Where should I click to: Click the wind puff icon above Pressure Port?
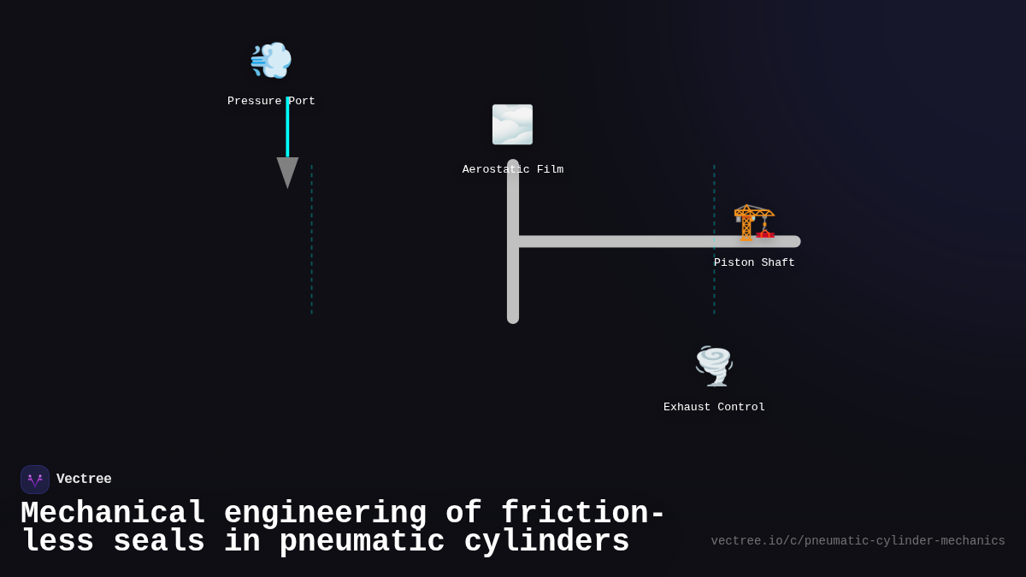tap(271, 60)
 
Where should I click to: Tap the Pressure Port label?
tap(271, 101)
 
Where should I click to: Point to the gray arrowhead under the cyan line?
tap(287, 171)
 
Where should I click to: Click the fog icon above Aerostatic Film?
tap(512, 125)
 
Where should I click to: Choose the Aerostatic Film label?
tap(513, 169)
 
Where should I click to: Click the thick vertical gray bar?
tap(513, 282)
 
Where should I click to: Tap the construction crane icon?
tap(754, 222)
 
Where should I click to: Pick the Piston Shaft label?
tap(754, 262)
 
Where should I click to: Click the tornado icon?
tap(714, 366)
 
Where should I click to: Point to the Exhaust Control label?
tap(714, 407)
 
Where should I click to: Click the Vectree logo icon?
tap(35, 480)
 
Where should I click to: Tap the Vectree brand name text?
tap(84, 480)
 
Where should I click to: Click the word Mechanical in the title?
tap(113, 514)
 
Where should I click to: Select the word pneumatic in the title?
tap(362, 542)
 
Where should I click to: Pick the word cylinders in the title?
tap(546, 542)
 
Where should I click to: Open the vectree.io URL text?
tap(858, 541)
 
